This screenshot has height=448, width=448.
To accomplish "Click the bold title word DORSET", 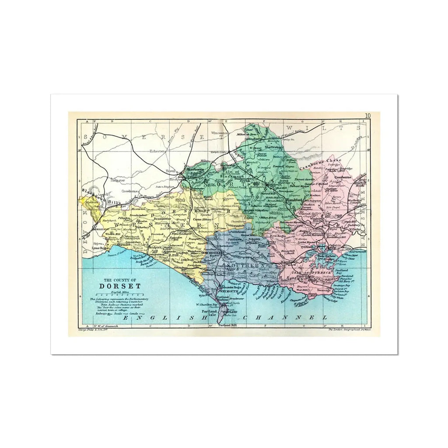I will tap(116, 287).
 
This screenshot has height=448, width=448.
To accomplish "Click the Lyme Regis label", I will tap(99, 248).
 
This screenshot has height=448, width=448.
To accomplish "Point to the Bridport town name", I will tap(156, 247).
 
